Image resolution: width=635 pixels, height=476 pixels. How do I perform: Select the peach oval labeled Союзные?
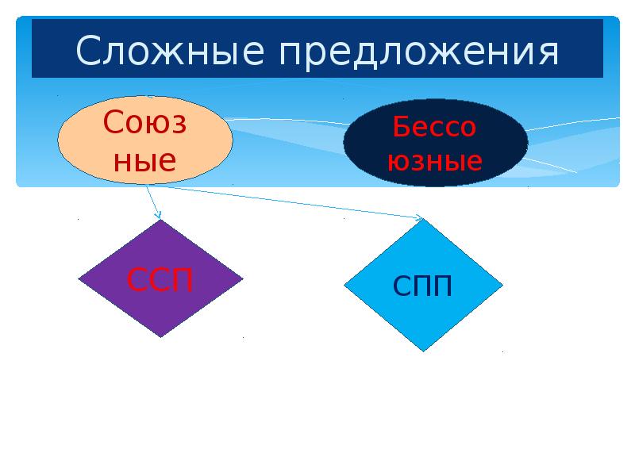144,140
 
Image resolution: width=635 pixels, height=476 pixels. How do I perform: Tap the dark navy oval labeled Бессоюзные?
436,143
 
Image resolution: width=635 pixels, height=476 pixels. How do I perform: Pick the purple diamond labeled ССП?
160,278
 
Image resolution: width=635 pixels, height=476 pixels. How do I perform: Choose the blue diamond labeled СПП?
423,284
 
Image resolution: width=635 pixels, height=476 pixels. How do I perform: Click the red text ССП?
160,280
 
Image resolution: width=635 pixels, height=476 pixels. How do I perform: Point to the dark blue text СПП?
423,286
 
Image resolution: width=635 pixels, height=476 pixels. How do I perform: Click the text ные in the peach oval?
144,161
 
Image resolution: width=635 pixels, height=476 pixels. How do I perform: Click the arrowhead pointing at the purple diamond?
159,215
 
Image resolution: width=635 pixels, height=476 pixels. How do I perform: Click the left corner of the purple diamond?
79,278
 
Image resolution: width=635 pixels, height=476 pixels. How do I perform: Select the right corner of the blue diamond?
502,284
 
